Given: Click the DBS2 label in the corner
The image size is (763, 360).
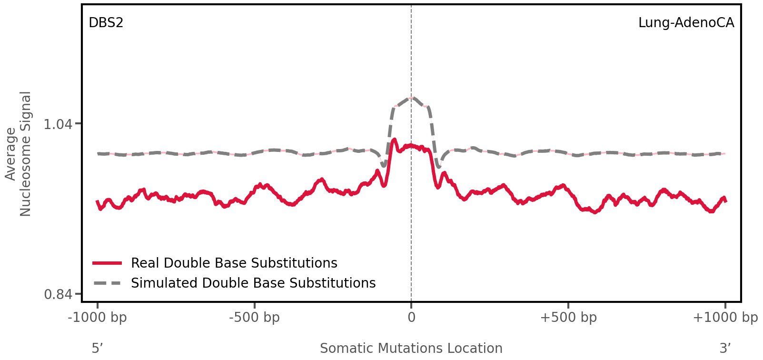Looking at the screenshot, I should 106,22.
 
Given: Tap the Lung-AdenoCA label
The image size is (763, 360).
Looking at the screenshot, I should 686,22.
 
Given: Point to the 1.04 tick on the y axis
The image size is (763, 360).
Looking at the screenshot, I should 58,124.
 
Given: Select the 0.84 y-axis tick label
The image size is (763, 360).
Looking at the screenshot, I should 58,294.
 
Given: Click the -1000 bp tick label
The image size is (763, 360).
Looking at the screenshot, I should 98,317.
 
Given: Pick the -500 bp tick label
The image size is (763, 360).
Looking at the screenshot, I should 254,317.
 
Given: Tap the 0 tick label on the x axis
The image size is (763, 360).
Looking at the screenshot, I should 411,317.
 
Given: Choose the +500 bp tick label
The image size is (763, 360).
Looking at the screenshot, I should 568,317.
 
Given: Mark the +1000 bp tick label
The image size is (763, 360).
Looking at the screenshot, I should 725,317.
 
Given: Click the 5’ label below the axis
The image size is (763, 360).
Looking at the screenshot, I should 97,348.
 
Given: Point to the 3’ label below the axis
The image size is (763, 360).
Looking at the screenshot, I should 725,348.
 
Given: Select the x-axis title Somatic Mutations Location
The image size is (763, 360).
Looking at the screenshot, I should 411,348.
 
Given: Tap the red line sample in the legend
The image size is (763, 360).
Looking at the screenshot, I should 108,263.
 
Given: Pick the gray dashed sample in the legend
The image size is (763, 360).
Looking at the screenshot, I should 108,283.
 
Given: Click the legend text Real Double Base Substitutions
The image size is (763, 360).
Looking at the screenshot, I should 234,263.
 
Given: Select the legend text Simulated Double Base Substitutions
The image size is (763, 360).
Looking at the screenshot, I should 253,283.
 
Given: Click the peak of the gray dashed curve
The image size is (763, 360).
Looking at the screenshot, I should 411,98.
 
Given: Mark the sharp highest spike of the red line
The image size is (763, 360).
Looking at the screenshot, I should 394,140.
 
